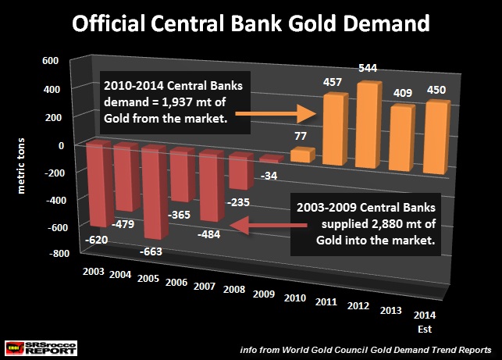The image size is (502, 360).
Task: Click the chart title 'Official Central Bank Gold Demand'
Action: click(250, 23)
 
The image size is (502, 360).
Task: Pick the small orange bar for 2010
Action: click(300, 155)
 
